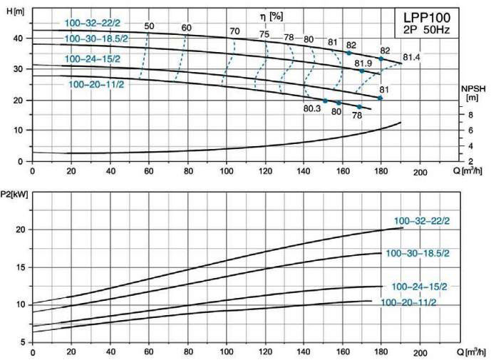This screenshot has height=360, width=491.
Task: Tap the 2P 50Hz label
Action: pyautogui.click(x=428, y=29)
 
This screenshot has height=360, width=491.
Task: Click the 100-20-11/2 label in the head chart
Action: pyautogui.click(x=97, y=84)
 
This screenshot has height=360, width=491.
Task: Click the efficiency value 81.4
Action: pyautogui.click(x=412, y=56)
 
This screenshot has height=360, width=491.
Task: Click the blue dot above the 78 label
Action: pyautogui.click(x=359, y=107)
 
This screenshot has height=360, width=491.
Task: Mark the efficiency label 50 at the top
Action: pyautogui.click(x=149, y=27)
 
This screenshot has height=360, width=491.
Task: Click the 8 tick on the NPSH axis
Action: pyautogui.click(x=470, y=115)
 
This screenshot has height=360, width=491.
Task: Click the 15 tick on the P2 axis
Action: pyautogui.click(x=19, y=267)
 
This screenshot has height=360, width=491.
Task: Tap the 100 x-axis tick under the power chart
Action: pyautogui.click(x=226, y=352)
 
